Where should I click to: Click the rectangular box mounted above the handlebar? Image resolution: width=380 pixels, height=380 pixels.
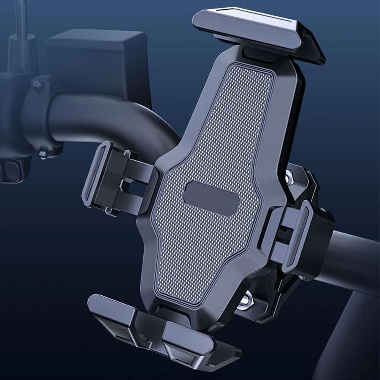100,63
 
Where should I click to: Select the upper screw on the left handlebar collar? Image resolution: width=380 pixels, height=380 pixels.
37,85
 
